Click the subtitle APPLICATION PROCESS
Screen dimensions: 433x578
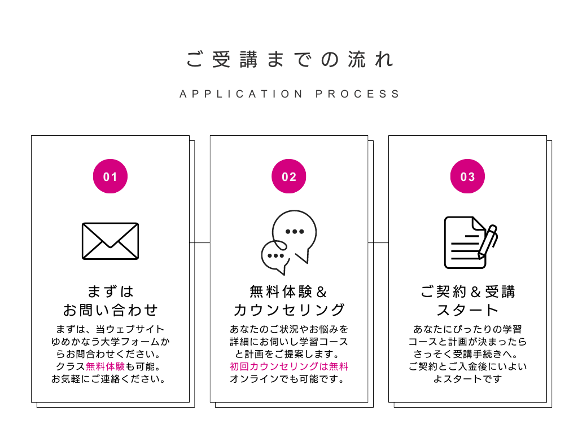coord(289,94)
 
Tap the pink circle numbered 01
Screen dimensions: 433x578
coord(110,176)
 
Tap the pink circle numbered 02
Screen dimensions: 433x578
coord(288,176)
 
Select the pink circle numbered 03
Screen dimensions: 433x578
coord(467,176)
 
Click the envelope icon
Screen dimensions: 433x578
coord(110,241)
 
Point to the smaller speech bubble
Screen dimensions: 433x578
coord(274,256)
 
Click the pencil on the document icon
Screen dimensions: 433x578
coord(488,240)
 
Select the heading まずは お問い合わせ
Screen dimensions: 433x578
coord(110,301)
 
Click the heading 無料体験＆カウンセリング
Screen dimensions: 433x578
coord(288,301)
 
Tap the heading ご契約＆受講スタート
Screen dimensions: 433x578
coord(467,301)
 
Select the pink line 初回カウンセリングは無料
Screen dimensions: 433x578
coord(288,366)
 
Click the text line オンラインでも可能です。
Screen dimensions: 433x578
coord(288,379)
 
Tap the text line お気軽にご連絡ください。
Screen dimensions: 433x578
coord(110,379)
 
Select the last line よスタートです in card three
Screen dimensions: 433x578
coord(467,379)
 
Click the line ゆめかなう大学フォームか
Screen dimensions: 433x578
coord(110,342)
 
